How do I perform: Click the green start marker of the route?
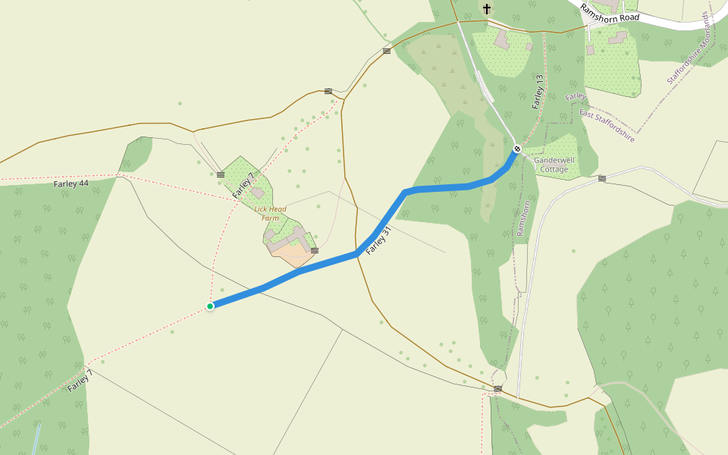coord(210,306)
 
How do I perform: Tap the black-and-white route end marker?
coord(517,149)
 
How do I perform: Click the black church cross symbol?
coord(486,9)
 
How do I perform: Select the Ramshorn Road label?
coord(610,12)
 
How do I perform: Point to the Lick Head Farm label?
coord(270,213)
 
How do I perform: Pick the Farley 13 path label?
coord(538,92)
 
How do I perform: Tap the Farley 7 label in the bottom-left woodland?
coord(80,381)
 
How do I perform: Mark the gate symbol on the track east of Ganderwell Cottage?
coord(602,179)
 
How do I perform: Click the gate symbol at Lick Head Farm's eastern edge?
coord(314,250)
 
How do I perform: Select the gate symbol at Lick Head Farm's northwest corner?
coord(220,174)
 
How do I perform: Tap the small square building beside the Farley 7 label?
coord(259,193)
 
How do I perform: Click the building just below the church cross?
coord(502,39)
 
